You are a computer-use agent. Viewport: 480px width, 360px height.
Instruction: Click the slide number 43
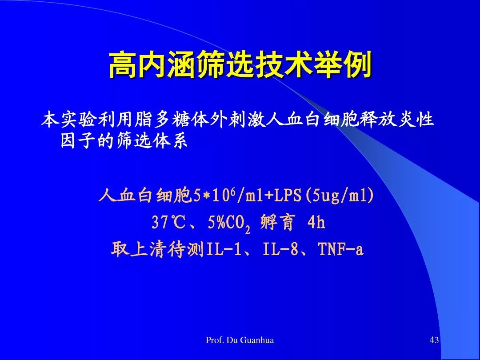[434, 340]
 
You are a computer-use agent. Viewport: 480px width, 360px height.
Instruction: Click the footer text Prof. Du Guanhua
[240, 340]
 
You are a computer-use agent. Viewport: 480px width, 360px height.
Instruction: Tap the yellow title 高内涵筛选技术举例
[240, 64]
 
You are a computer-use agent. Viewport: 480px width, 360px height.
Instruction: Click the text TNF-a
[341, 249]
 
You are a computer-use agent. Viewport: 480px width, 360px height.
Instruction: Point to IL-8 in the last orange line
[280, 249]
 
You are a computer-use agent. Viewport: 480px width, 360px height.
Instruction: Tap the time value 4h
[316, 222]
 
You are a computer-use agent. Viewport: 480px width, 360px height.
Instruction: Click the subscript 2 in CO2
[248, 229]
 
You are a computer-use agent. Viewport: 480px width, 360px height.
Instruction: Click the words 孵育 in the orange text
[278, 222]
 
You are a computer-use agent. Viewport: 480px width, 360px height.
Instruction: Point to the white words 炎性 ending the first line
[416, 120]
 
